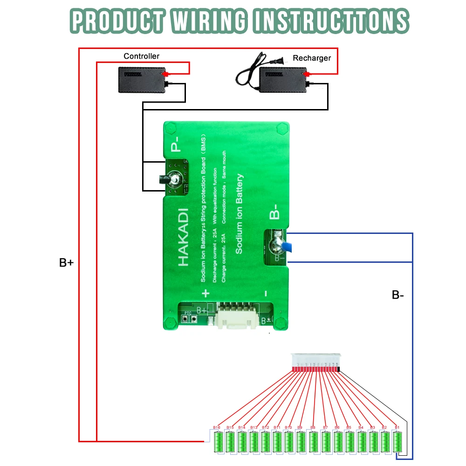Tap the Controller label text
click(x=141, y=56)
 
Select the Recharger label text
click(x=312, y=58)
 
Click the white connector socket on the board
click(x=234, y=316)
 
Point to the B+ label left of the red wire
click(x=66, y=263)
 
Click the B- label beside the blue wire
click(x=397, y=295)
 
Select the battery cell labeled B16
click(x=218, y=442)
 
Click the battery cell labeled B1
click(x=397, y=442)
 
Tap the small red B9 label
click(x=300, y=427)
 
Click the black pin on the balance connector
click(x=338, y=370)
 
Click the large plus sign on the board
click(x=205, y=293)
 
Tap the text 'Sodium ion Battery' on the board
click(x=240, y=214)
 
